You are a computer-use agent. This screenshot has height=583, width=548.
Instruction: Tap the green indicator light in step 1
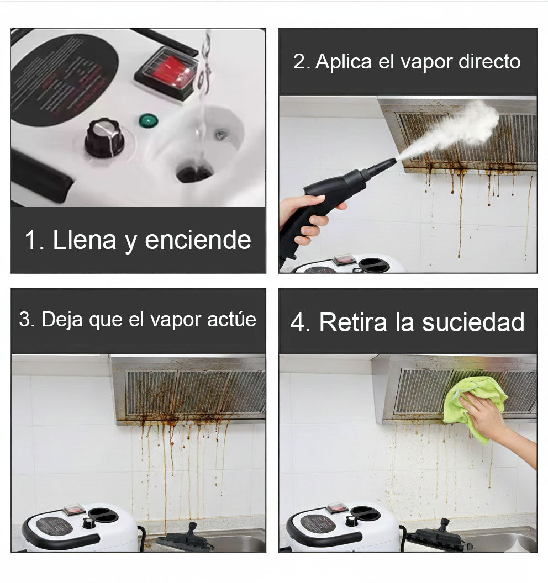[146, 120]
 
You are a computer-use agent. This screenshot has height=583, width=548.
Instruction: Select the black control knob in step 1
[104, 137]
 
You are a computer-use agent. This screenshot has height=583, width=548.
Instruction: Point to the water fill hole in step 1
[194, 173]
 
